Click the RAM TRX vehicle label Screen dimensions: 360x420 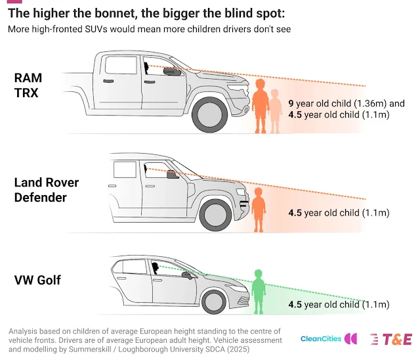coord(28,85)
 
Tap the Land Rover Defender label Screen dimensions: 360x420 coord(46,189)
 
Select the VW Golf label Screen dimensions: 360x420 coord(37,280)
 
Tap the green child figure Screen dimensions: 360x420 coord(258,292)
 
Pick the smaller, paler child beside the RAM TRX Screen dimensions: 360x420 coord(275,110)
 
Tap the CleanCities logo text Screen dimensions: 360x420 coord(321,339)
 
